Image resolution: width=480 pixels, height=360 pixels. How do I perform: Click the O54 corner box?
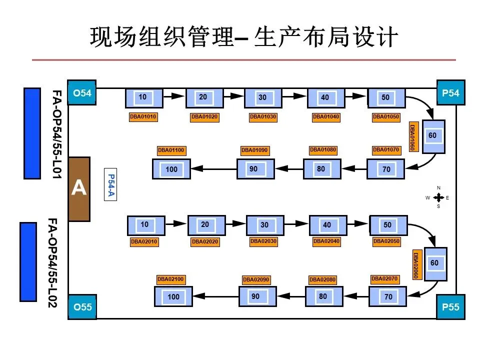pyautogui.click(x=81, y=93)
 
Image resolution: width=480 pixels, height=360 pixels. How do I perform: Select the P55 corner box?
pyautogui.click(x=450, y=306)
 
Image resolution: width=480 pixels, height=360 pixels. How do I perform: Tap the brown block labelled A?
pyautogui.click(x=79, y=189)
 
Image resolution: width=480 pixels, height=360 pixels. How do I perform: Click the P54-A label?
pyautogui.click(x=110, y=184)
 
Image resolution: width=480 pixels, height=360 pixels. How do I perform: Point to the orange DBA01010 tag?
pyautogui.click(x=143, y=117)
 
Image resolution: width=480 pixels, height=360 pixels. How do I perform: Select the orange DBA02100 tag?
pyautogui.click(x=170, y=279)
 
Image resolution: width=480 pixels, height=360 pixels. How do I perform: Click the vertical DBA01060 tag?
pyautogui.click(x=413, y=136)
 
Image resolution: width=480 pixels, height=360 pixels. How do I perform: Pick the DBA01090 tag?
pyautogui.click(x=254, y=150)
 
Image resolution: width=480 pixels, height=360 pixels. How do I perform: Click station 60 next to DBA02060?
pyautogui.click(x=435, y=264)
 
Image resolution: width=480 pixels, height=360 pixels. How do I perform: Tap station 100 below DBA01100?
pyautogui.click(x=171, y=169)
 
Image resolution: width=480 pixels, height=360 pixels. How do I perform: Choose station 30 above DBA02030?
pyautogui.click(x=265, y=225)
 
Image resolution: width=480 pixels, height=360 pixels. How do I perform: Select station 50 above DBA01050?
pyautogui.click(x=386, y=98)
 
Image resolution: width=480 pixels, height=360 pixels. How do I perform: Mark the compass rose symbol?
pyautogui.click(x=438, y=197)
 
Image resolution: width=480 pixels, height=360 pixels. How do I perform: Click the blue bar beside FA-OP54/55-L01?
pyautogui.click(x=32, y=133)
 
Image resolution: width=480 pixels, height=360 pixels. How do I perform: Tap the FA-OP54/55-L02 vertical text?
pyautogui.click(x=52, y=262)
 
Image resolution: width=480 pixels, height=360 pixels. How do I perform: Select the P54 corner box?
pyautogui.click(x=450, y=93)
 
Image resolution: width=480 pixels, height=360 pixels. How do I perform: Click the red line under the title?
pyautogui.click(x=244, y=60)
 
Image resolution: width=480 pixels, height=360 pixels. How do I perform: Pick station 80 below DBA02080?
pyautogui.click(x=324, y=296)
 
